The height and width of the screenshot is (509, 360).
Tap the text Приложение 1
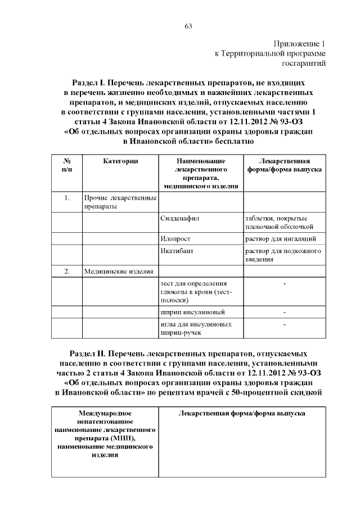click(x=300, y=43)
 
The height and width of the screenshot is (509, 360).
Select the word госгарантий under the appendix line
click(x=305, y=63)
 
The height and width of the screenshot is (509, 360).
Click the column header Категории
click(x=120, y=161)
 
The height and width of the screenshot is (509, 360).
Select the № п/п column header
click(x=66, y=165)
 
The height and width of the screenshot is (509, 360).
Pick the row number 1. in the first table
click(x=66, y=198)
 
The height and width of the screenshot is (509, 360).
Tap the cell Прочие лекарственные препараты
click(x=119, y=202)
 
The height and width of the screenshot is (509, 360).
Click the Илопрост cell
click(x=175, y=238)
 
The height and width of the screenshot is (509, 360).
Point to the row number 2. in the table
click(x=66, y=272)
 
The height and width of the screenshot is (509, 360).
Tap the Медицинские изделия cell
click(x=119, y=272)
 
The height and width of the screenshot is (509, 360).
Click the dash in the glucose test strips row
click(x=285, y=283)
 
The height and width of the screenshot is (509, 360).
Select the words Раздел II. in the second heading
click(x=88, y=354)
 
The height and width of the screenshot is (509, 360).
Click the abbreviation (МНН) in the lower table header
click(x=125, y=437)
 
